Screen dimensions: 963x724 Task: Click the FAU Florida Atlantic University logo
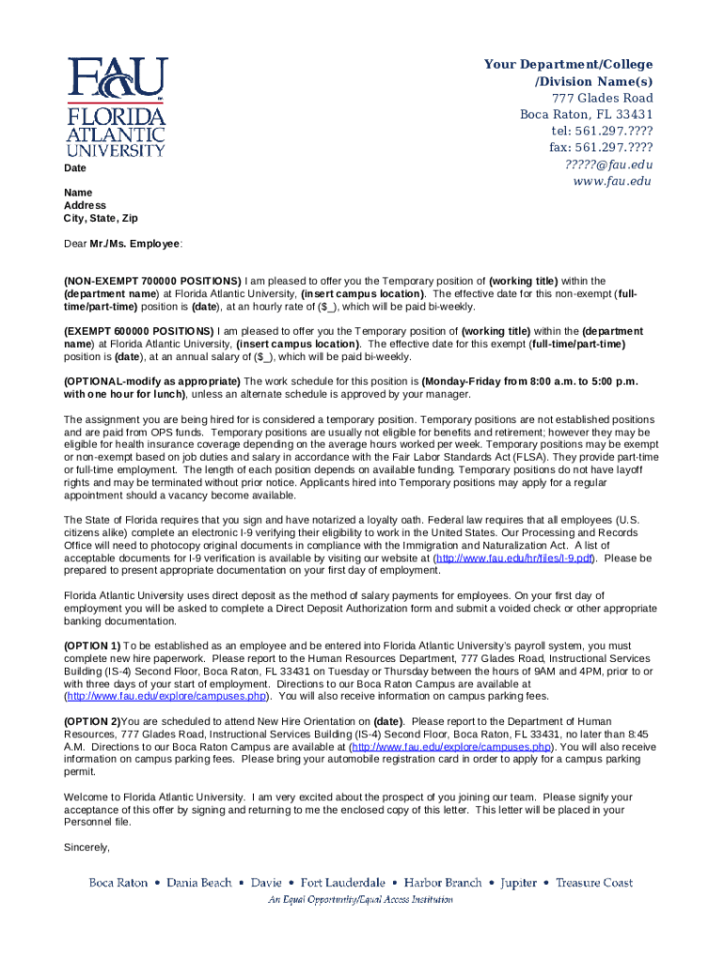click(116, 106)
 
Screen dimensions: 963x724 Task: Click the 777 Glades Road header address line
click(602, 98)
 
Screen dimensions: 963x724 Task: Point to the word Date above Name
click(74, 168)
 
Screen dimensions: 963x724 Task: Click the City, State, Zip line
click(101, 218)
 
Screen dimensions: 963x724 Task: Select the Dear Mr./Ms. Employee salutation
click(123, 244)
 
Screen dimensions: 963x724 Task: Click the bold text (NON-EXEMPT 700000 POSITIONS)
click(152, 281)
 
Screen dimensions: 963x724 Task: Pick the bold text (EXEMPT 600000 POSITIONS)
click(139, 332)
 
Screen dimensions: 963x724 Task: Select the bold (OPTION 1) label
click(92, 646)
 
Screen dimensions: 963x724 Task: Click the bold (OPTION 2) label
click(91, 721)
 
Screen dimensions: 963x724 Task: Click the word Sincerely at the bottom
click(87, 847)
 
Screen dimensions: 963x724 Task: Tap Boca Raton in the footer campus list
click(118, 883)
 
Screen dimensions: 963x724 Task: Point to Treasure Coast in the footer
click(593, 883)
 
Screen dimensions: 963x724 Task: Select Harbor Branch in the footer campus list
click(443, 883)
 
